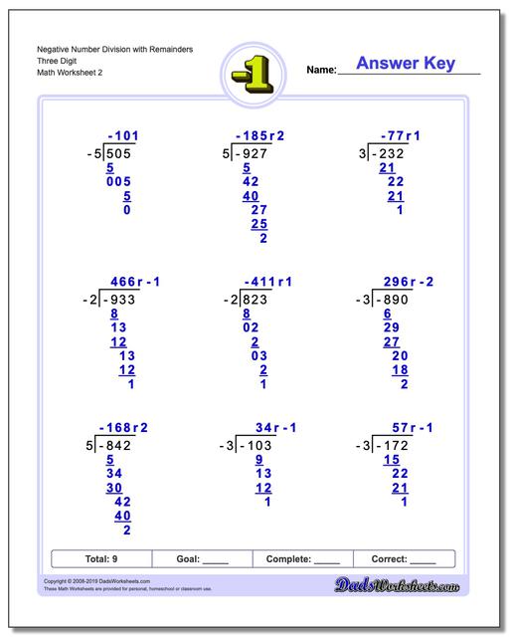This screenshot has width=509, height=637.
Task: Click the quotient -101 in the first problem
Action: [124, 135]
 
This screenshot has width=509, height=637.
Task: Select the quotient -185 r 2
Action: [260, 135]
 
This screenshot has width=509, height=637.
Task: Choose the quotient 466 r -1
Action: [132, 282]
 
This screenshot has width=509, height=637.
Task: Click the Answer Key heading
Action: [406, 64]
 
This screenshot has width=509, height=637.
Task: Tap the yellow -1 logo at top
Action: [254, 72]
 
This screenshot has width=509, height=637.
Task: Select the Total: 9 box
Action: [100, 559]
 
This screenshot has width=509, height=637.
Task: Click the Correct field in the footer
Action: [403, 559]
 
